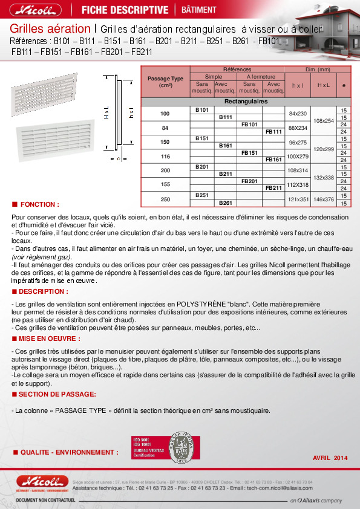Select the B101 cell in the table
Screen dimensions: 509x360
click(202, 110)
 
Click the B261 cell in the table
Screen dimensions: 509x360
click(225, 203)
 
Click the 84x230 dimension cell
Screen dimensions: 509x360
click(298, 114)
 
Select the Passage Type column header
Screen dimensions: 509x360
click(165, 82)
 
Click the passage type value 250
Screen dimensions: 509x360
click(165, 199)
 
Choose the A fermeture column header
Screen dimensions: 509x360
click(261, 77)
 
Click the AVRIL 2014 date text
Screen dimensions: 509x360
click(330, 458)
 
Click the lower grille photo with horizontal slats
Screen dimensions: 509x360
click(55, 131)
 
